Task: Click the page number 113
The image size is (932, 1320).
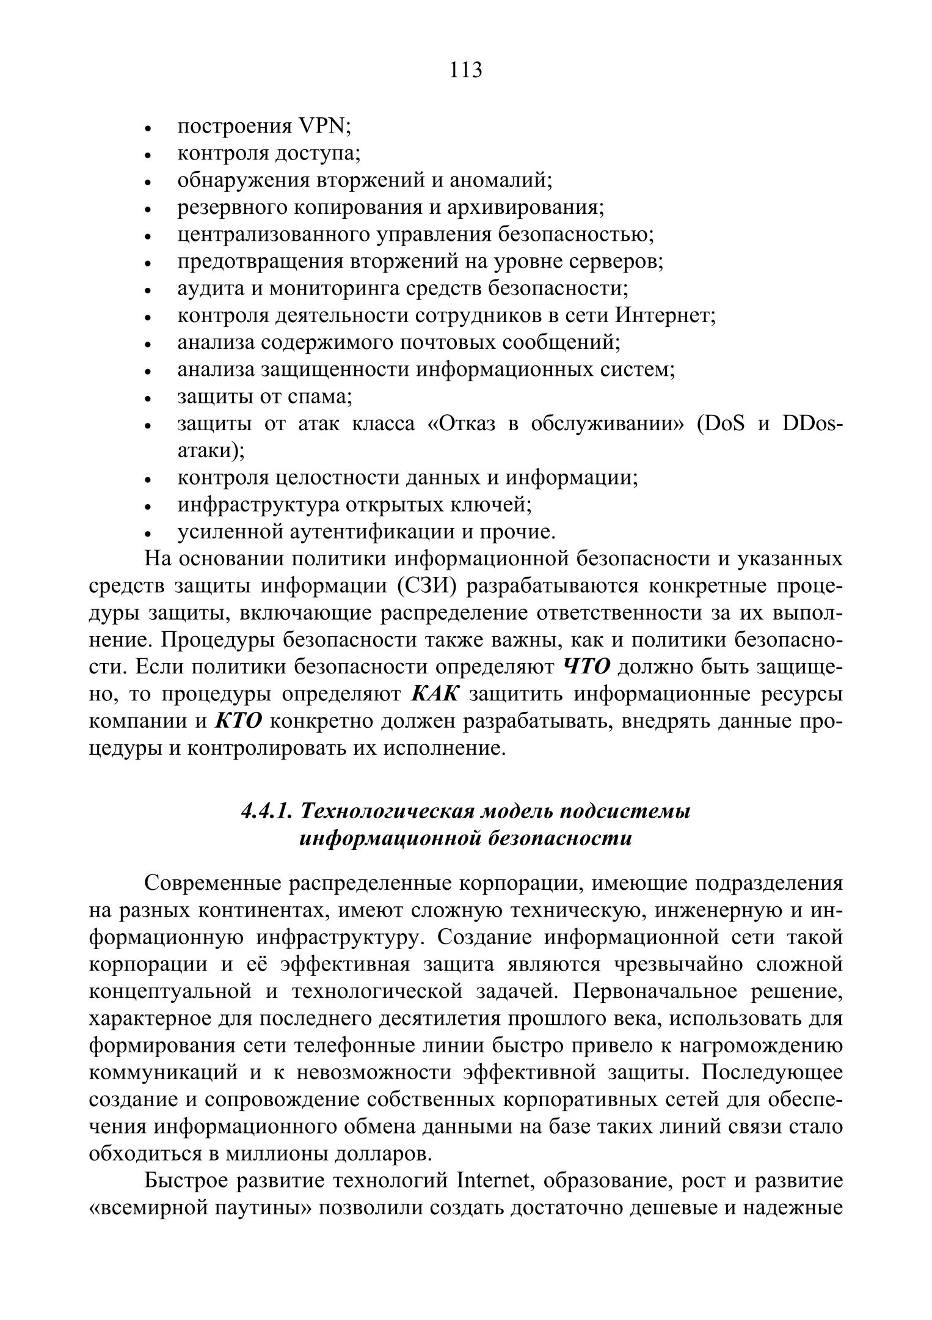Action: click(466, 70)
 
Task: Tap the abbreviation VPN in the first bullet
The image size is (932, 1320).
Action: click(322, 127)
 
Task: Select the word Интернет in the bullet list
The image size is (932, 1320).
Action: click(665, 315)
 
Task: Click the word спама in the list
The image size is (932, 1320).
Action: click(319, 397)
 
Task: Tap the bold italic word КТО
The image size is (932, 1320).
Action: click(238, 721)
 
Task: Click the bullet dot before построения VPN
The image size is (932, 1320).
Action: click(148, 129)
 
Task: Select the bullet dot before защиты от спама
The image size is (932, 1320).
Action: click(148, 399)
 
